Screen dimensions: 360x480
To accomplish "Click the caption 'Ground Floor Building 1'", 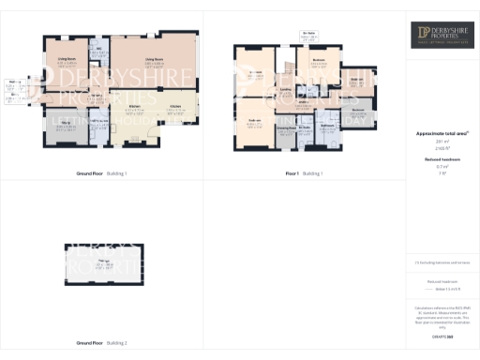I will pos(101,173).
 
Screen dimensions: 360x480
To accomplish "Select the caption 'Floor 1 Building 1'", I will pos(305,173).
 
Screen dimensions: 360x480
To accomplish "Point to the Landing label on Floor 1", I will pos(285,90).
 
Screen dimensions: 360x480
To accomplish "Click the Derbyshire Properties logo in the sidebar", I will pos(442,36).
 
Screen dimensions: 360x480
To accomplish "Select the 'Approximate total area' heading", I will pos(442,134).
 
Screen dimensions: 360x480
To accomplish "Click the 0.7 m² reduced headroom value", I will pos(442,166).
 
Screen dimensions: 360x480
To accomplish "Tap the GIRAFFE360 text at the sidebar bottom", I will pos(442,322).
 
